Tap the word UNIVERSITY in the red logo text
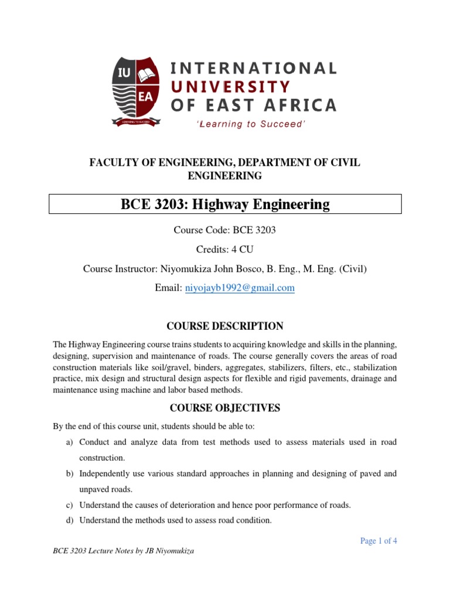pyautogui.click(x=230, y=87)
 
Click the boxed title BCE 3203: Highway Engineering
pyautogui.click(x=224, y=204)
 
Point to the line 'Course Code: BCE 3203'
pyautogui.click(x=224, y=230)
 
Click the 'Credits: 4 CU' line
pyautogui.click(x=224, y=250)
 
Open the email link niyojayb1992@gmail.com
pyautogui.click(x=240, y=288)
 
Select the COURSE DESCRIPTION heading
pyautogui.click(x=224, y=326)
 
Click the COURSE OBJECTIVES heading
pyautogui.click(x=224, y=408)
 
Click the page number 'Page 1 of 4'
pyautogui.click(x=379, y=541)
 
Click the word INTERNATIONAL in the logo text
pyautogui.click(x=253, y=68)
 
